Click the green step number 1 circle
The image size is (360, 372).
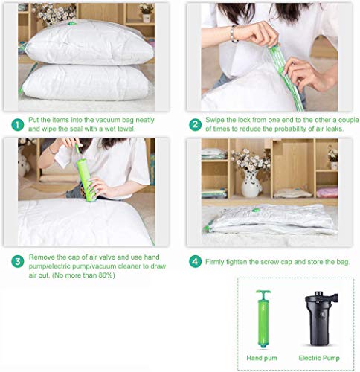point(18,125)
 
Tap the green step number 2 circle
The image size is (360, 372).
point(196,125)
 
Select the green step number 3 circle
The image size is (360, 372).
point(18,262)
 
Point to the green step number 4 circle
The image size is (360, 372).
point(196,262)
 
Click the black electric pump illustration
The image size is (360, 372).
point(321,318)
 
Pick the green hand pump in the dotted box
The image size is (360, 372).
point(263,319)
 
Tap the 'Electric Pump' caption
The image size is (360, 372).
point(319,358)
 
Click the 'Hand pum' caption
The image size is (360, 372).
point(262,358)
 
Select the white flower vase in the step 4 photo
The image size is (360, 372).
point(251,184)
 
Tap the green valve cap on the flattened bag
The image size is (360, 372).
point(256,211)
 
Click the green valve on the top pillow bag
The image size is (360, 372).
point(71,24)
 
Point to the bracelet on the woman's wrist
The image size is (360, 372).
point(233,33)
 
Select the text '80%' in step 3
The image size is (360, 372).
point(107,275)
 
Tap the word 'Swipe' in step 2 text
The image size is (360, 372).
point(215,120)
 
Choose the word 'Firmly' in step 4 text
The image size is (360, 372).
point(214,262)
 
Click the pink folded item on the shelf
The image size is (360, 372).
point(327,193)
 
